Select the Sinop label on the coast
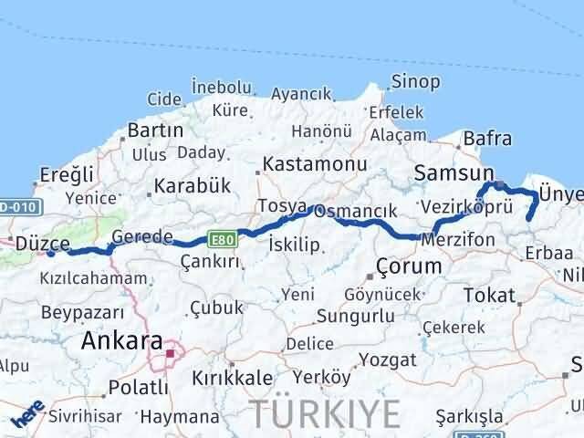[x=415, y=82]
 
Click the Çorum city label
[x=409, y=266]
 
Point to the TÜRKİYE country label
[x=325, y=414]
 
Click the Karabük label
[x=192, y=185]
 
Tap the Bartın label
[x=155, y=130]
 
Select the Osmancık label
[x=360, y=211]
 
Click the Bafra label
[x=487, y=139]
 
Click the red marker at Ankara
[x=170, y=346]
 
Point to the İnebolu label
[x=221, y=88]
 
